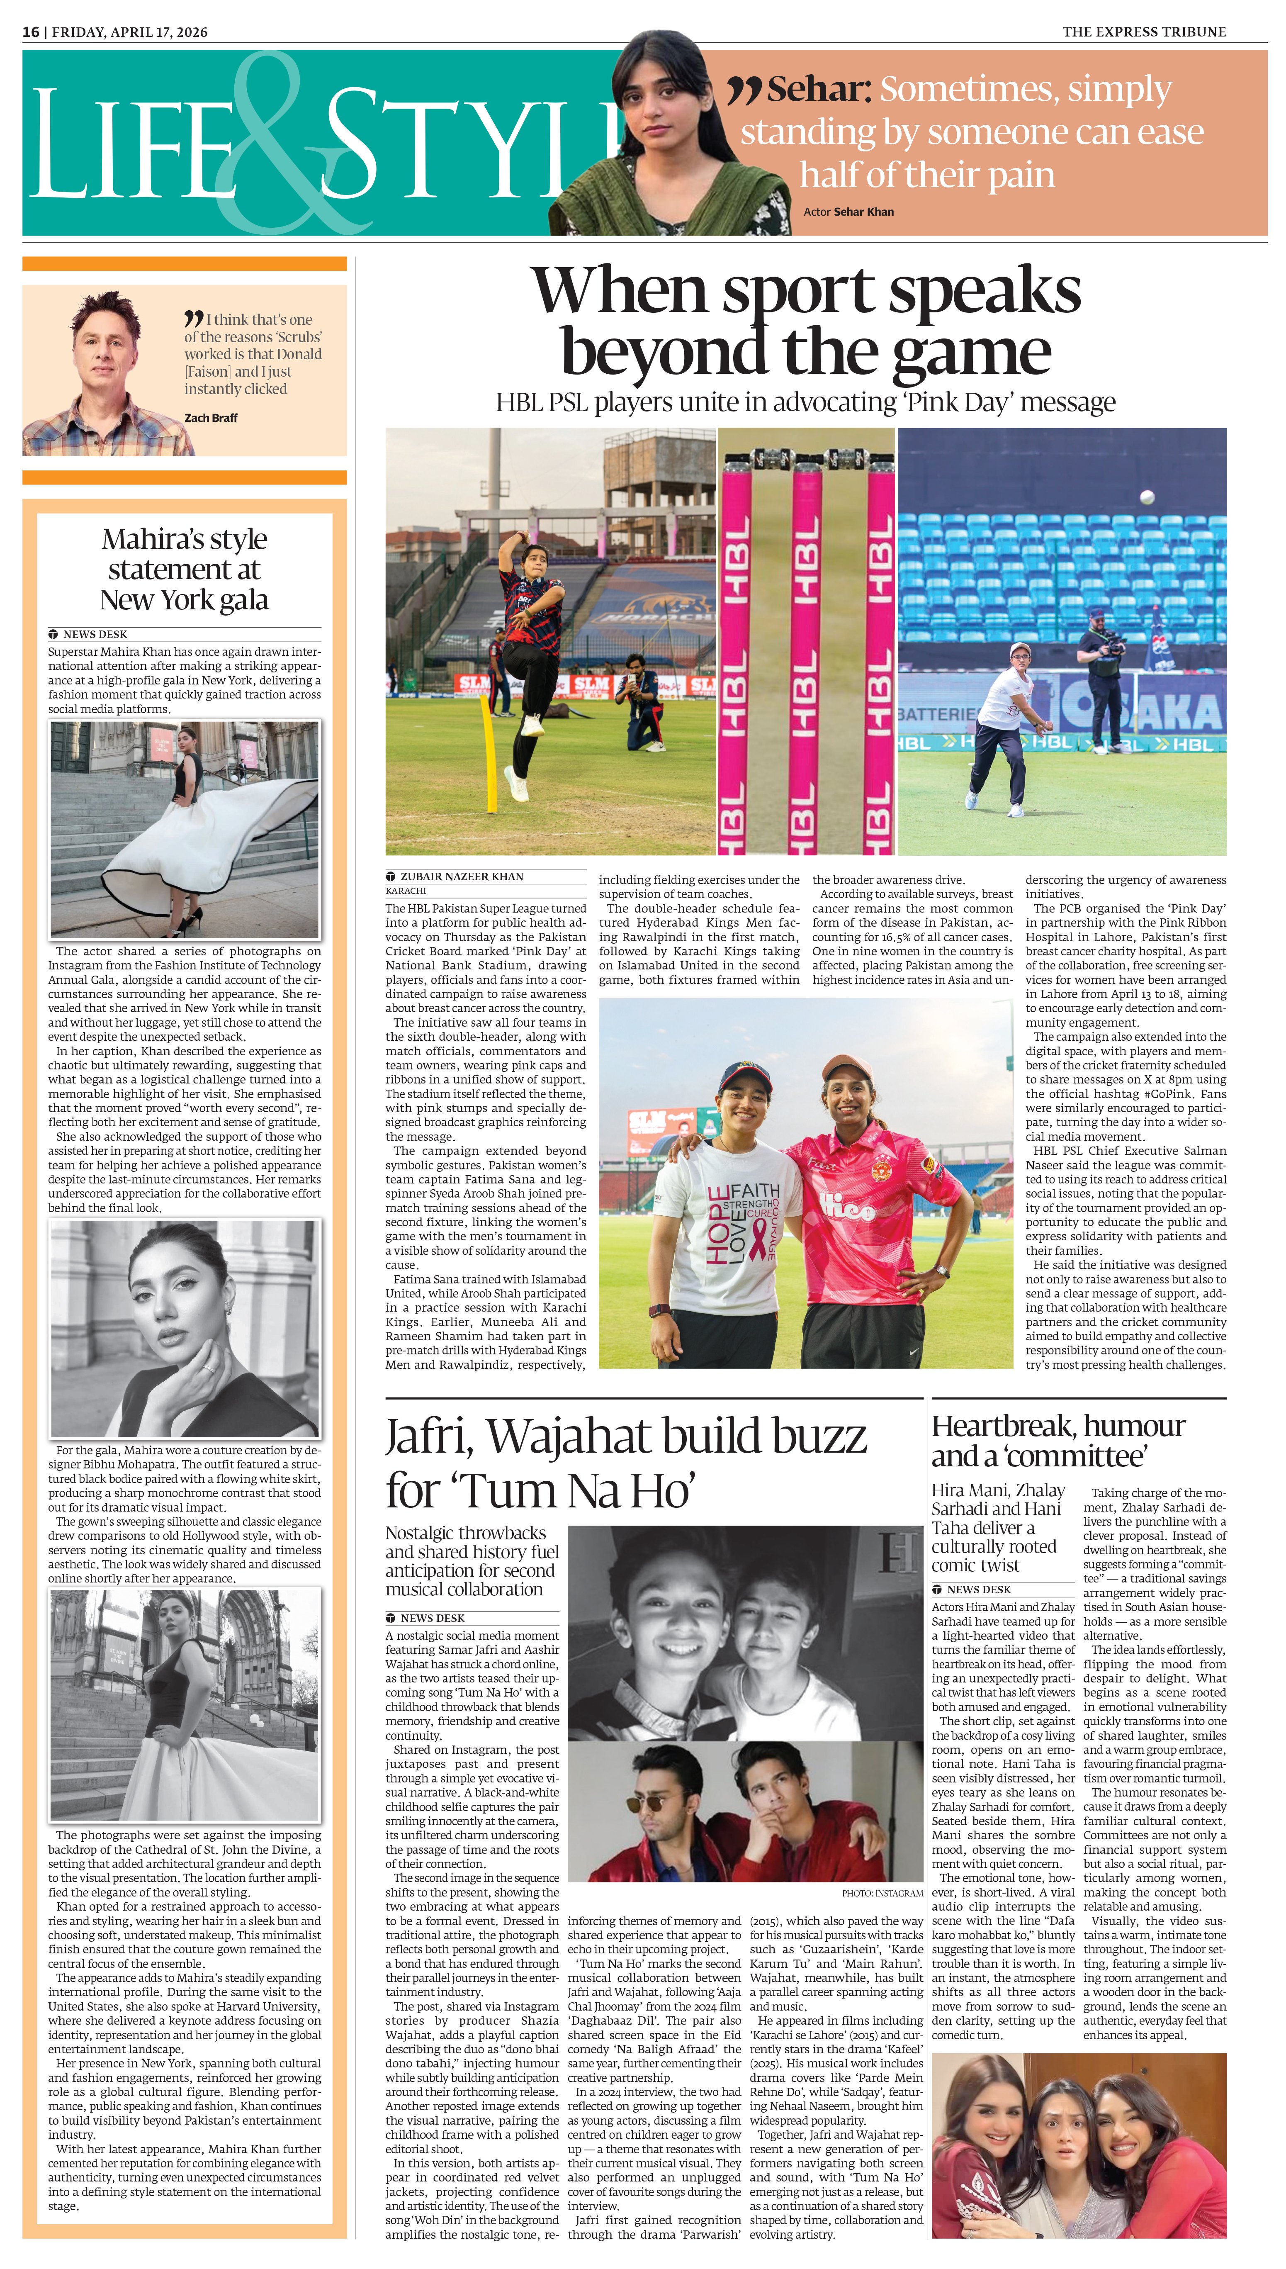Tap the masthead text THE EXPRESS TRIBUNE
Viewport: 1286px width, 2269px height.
point(1144,32)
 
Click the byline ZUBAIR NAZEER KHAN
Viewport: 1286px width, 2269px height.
point(462,876)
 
